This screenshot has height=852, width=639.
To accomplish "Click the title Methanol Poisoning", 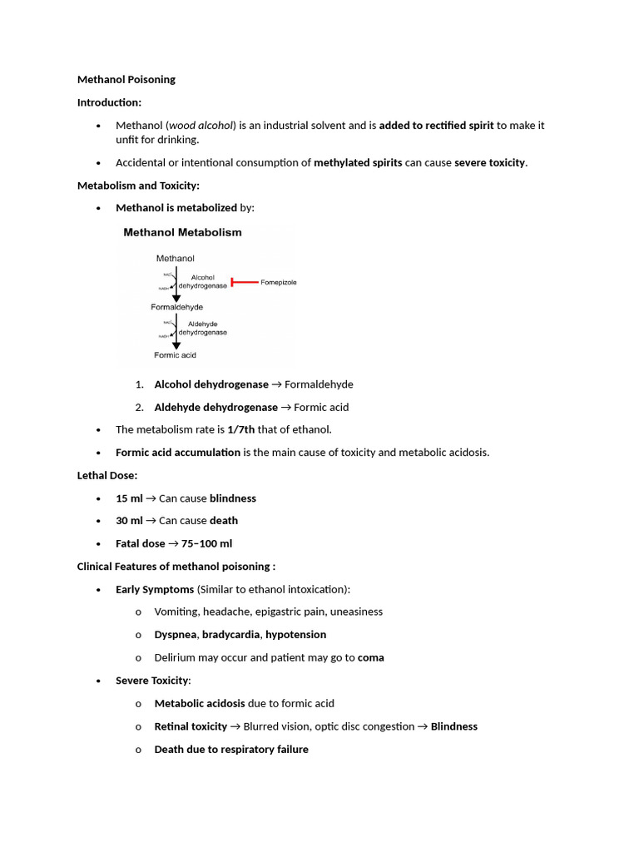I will tap(126, 80).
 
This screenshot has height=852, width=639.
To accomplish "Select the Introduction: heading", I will tap(109, 102).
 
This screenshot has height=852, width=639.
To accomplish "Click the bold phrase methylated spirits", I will tap(358, 162).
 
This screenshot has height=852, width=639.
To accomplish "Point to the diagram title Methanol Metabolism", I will tap(182, 233).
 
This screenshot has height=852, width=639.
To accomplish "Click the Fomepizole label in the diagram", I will tap(278, 283).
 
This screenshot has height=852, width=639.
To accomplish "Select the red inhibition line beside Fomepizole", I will tap(244, 283).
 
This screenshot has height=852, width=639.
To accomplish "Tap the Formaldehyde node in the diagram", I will tap(176, 307).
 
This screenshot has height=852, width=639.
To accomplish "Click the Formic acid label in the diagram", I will tap(175, 355).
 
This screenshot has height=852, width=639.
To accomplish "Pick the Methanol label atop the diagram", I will tap(175, 259).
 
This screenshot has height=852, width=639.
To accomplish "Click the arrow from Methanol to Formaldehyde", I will tap(176, 283).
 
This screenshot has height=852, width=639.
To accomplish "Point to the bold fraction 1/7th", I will tap(241, 429).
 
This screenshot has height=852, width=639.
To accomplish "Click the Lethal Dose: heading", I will tap(107, 475).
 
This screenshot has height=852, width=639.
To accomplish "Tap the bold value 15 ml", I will tap(129, 498).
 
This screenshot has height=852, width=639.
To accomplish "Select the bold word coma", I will tap(370, 657).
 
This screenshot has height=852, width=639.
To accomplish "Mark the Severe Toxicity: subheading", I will tap(153, 681).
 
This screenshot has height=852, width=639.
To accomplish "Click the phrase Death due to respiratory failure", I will tap(231, 749).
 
